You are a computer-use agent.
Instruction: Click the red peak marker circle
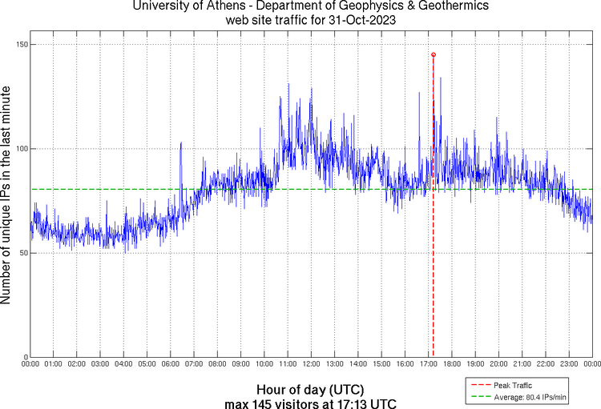point(434,54)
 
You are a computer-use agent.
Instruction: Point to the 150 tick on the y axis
point(21,45)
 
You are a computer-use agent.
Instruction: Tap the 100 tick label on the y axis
point(21,149)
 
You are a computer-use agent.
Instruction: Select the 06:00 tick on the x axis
point(171,364)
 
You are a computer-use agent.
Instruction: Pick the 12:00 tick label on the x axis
point(311,364)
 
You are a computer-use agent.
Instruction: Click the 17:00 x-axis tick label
point(428,364)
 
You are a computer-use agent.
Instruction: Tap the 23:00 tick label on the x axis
point(568,364)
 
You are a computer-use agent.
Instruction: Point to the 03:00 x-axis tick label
point(100,364)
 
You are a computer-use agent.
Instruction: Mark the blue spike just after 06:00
point(181,144)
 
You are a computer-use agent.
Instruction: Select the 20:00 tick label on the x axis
point(498,364)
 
